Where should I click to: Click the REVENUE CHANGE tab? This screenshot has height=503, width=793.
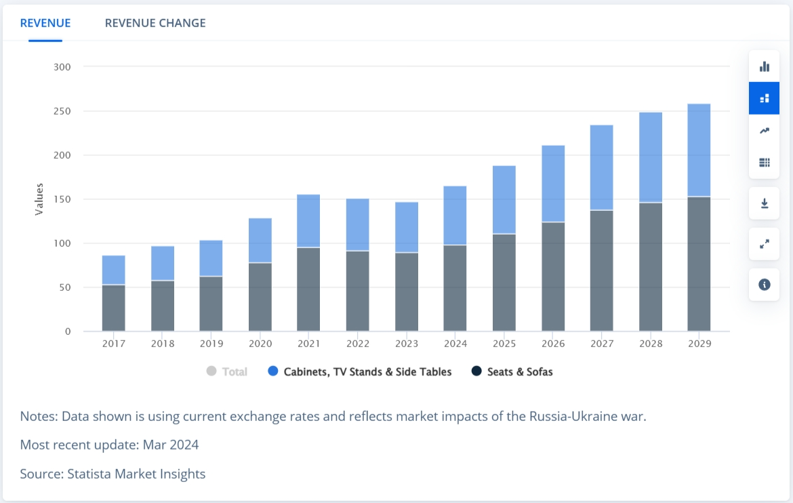tap(155, 23)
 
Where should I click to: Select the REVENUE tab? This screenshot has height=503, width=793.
tap(45, 23)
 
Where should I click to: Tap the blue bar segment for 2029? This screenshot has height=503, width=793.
tap(699, 150)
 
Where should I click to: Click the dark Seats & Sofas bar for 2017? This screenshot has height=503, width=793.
tap(114, 308)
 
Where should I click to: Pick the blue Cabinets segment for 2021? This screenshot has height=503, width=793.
tap(308, 221)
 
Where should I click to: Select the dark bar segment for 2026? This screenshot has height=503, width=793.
tap(553, 277)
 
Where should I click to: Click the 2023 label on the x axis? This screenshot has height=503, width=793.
tap(407, 344)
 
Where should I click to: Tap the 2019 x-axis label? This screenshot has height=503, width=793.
tap(211, 344)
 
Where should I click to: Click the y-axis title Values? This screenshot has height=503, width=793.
tap(39, 199)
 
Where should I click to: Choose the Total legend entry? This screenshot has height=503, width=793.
tap(227, 371)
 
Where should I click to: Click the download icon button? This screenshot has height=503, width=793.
tap(765, 203)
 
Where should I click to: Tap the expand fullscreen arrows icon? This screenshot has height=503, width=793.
tap(765, 244)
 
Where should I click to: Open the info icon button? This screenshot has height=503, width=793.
tap(765, 285)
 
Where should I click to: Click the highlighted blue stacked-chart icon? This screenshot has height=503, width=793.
tap(765, 98)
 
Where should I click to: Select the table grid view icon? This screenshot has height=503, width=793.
tap(765, 162)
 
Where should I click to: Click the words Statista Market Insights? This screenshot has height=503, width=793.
tap(136, 474)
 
